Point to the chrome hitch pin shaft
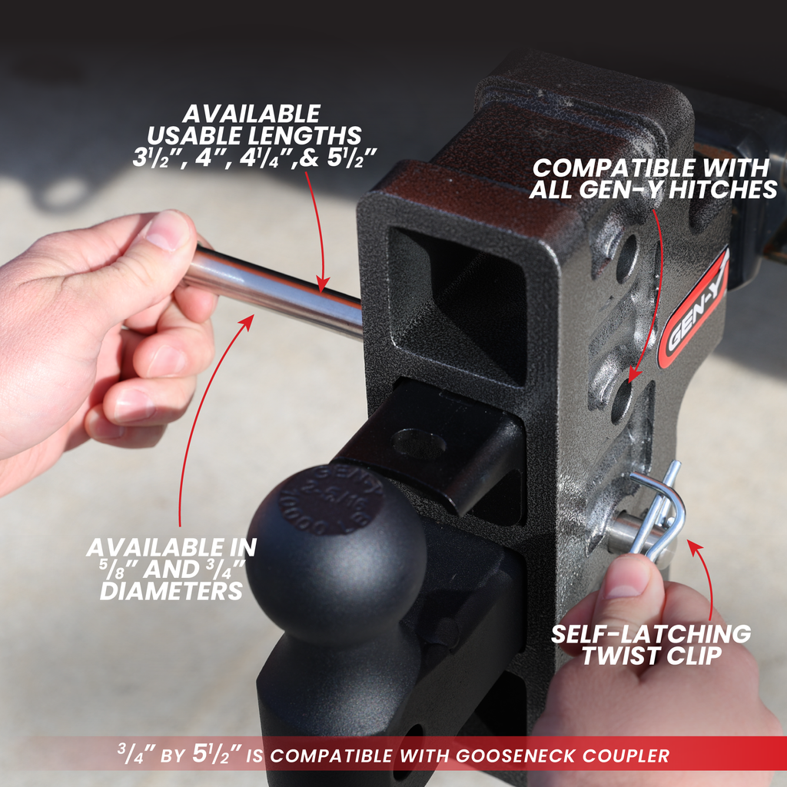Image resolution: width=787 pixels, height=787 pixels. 277,284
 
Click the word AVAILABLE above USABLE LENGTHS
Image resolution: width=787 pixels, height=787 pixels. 251,114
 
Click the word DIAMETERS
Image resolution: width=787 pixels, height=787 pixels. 171,592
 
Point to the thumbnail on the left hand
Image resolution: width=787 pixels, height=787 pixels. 167,230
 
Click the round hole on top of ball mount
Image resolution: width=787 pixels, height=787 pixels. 419,443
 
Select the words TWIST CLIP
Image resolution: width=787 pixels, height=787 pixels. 651,656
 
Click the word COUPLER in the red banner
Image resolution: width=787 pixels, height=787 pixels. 630,755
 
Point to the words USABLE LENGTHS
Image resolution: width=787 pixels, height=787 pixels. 254,136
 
